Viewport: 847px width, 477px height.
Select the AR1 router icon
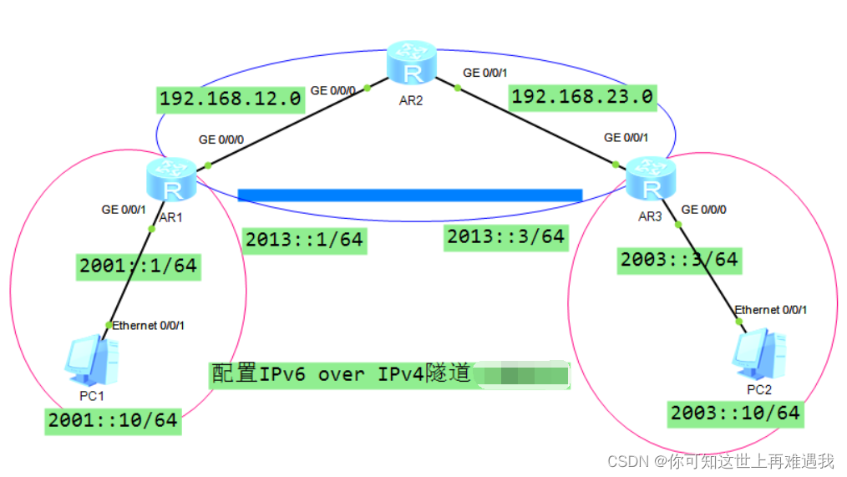point(170,180)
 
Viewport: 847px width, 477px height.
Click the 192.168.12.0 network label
point(230,99)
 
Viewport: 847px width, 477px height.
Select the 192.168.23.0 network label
point(581,97)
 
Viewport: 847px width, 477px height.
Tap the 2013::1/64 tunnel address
point(304,241)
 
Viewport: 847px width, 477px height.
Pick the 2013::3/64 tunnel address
point(505,237)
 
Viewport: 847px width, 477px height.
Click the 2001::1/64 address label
point(138,266)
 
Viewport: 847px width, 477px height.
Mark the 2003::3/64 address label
point(678,260)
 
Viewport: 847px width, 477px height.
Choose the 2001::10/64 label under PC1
point(113,420)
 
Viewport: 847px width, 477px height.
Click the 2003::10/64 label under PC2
point(735,413)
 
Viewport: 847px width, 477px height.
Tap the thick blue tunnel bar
point(409,195)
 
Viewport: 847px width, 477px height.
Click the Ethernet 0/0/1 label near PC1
point(149,325)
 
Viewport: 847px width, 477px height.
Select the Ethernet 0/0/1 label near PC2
point(770,310)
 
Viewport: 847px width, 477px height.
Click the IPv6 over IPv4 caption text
point(341,374)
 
